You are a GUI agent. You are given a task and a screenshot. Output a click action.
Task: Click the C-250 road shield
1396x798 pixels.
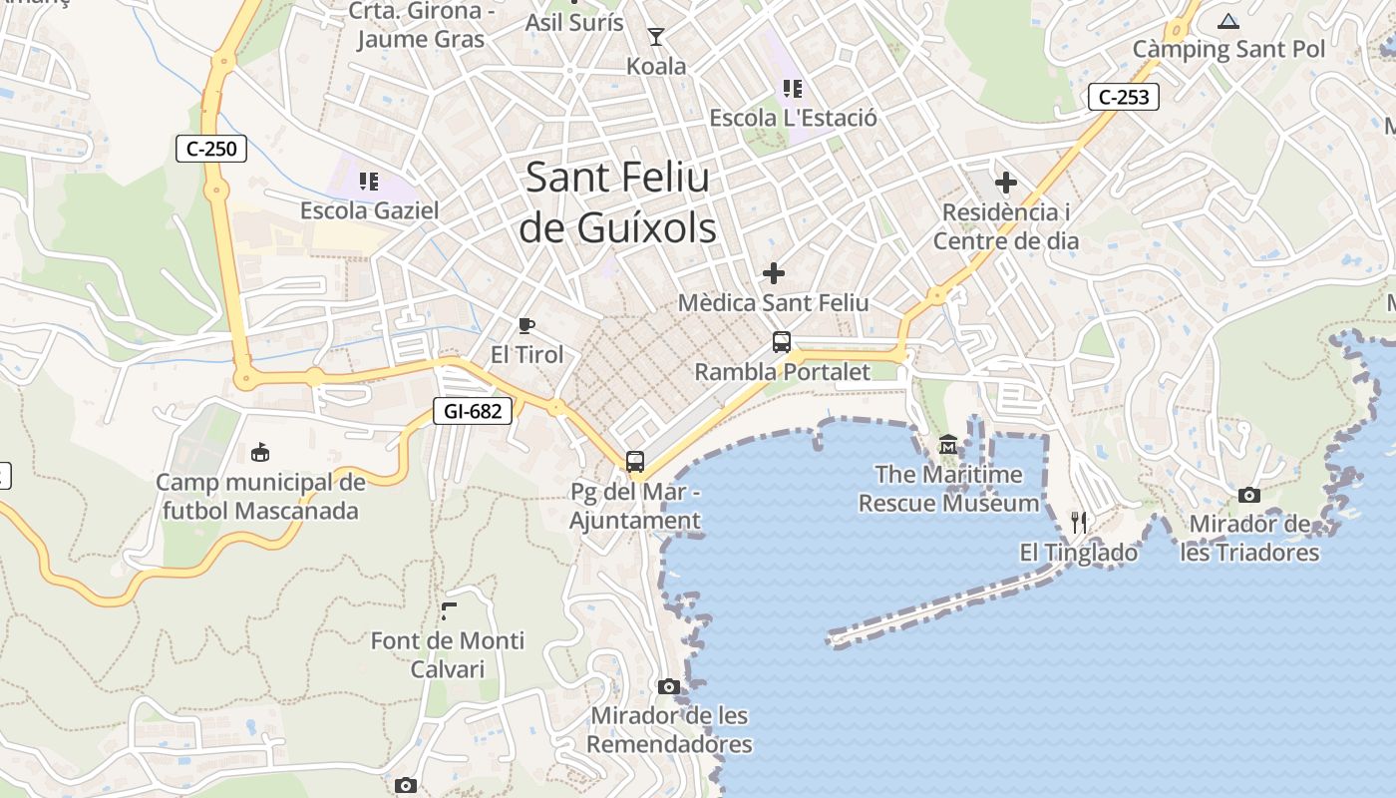coord(211,150)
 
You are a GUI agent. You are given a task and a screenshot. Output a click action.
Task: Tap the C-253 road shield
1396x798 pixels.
coord(1124,97)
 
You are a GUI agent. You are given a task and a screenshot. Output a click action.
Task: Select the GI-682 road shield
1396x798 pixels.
coord(473,410)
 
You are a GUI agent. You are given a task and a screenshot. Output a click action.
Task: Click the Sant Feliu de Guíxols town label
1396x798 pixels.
coord(617,202)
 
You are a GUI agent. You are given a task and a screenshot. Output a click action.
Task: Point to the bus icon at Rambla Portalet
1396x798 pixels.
coord(782,342)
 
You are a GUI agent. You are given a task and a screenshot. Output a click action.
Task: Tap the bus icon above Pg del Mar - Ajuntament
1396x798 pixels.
coord(635,461)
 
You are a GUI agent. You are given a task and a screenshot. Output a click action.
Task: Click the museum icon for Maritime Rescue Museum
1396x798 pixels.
coord(947,444)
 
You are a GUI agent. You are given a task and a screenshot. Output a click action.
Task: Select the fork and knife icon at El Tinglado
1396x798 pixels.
coord(1078,522)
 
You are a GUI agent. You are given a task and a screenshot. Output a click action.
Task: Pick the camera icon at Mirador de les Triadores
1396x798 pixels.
coord(1248,495)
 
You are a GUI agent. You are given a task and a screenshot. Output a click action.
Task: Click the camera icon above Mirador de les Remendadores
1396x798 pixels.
coord(669,686)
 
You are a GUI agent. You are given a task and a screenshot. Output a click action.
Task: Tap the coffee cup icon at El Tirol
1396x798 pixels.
coord(526,325)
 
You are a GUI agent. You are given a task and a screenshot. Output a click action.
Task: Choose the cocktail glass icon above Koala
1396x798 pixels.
coord(655,38)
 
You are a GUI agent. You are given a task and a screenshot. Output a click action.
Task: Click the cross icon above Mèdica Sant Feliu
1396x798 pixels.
coord(773,272)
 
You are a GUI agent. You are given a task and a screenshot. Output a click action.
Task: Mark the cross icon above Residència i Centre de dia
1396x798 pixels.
coord(1006,183)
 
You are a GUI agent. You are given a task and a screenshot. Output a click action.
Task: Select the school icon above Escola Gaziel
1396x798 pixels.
coord(369,182)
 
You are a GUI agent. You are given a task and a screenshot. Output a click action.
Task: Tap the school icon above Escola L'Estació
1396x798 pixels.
coord(793,89)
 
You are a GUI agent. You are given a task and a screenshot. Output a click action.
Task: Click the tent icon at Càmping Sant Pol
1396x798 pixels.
coord(1228,21)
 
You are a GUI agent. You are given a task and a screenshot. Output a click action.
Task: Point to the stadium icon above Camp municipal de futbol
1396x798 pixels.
coord(260,453)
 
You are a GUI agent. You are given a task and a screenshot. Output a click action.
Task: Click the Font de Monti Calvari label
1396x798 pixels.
coord(447,654)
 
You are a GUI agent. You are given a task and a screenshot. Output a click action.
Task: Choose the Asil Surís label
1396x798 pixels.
coord(574,22)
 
